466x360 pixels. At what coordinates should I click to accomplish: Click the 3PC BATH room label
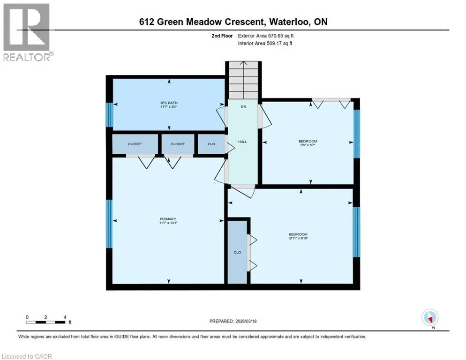click(169, 103)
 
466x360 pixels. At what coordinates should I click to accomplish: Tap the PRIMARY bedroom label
click(168, 219)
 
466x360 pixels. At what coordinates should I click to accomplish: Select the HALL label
click(242, 142)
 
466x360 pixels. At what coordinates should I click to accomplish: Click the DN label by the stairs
click(243, 106)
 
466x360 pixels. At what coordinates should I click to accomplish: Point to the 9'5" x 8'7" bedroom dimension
click(308, 145)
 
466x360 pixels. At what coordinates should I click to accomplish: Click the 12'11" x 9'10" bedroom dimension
click(298, 238)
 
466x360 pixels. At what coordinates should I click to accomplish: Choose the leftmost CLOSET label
click(135, 144)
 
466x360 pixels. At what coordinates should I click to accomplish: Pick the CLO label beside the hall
click(211, 144)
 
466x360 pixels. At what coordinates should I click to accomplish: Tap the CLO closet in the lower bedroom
click(237, 252)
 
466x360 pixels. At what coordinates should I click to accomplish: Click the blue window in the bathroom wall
click(110, 115)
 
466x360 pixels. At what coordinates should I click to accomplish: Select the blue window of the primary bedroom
click(110, 224)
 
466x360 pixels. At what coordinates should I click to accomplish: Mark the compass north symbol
click(430, 318)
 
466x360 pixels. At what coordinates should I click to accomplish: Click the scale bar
click(45, 322)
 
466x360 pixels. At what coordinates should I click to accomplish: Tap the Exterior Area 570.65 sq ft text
click(266, 36)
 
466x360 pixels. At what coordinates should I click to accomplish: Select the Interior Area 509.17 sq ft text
click(265, 44)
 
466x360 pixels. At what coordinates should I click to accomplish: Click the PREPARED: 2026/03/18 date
click(233, 321)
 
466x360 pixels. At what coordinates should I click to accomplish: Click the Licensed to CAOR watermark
click(27, 356)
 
